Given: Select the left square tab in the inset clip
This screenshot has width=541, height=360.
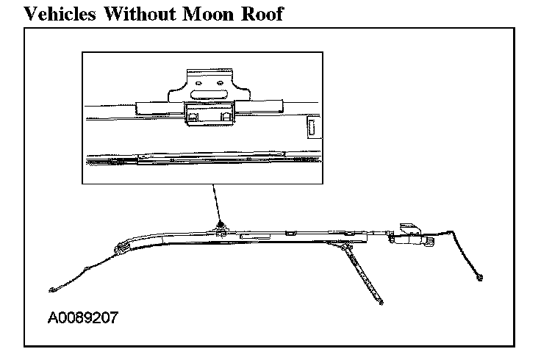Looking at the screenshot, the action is click(192, 115).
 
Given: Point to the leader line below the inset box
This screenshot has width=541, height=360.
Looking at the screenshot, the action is click(215, 201).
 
